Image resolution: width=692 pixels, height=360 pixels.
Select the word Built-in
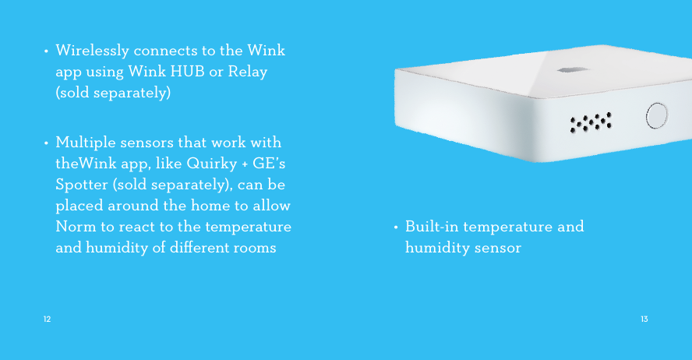click(x=433, y=227)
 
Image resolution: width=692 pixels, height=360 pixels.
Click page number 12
click(x=48, y=319)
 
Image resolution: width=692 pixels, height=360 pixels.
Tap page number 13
click(x=644, y=319)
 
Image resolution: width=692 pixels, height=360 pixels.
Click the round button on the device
click(x=657, y=116)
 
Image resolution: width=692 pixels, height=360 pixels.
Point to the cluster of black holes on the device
click(x=590, y=122)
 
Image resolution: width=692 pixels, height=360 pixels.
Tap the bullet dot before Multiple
click(x=48, y=145)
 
